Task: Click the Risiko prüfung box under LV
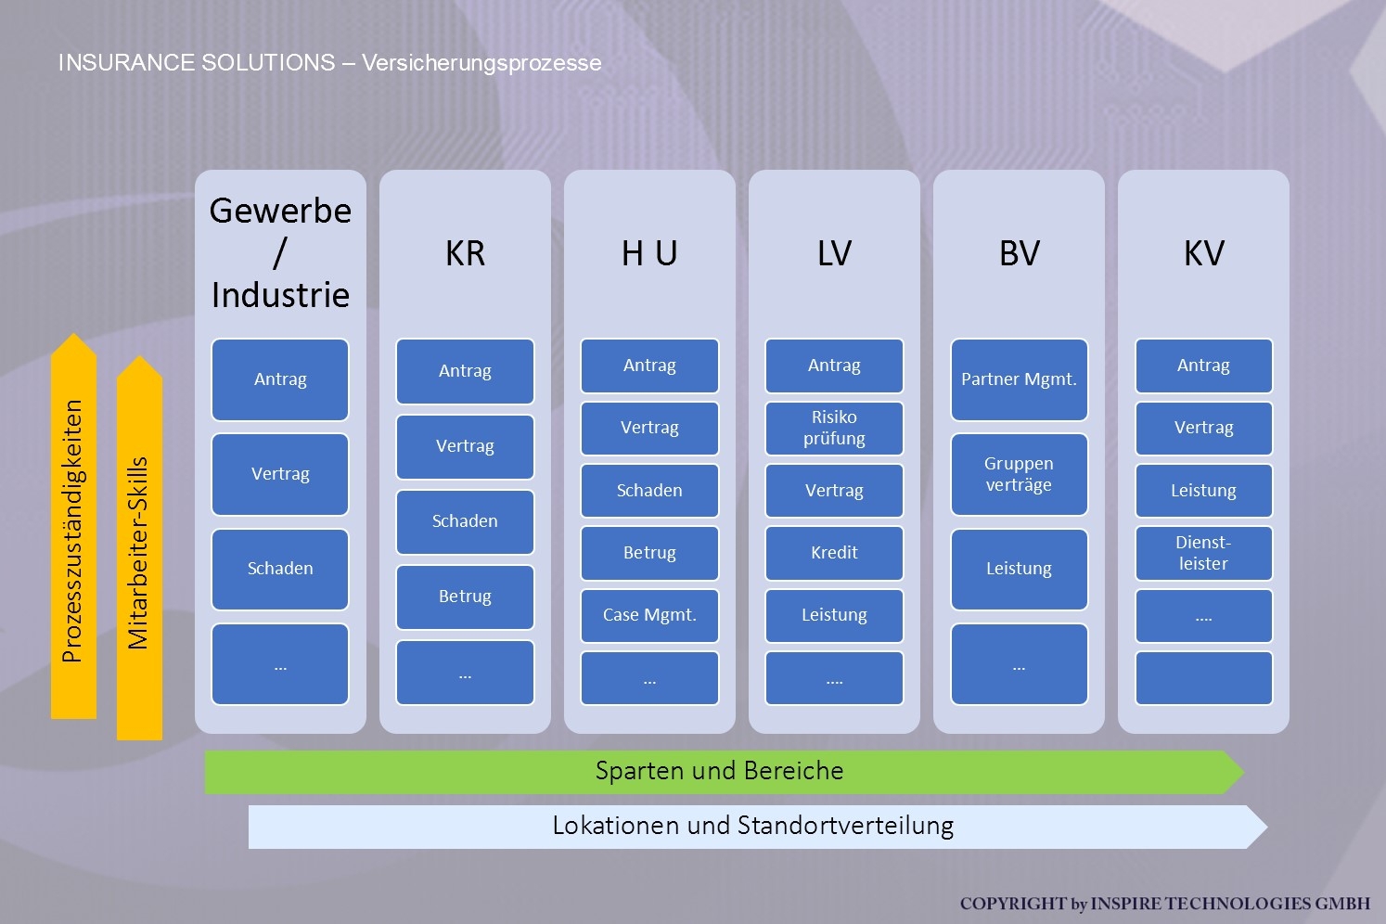point(834,428)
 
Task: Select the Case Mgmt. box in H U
point(649,615)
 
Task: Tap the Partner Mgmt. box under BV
point(1019,379)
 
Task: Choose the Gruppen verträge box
point(1019,474)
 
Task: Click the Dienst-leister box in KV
point(1203,553)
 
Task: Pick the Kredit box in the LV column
point(834,553)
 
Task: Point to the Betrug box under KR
point(465,597)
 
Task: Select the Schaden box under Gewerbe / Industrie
point(280,569)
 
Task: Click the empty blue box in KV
point(1203,678)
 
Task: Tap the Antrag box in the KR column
point(465,371)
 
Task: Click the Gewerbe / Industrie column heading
point(280,252)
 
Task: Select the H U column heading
point(649,253)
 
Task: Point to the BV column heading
point(1019,253)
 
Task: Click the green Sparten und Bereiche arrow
point(720,771)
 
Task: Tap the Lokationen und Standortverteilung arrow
point(753,826)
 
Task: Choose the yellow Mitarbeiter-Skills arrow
point(139,552)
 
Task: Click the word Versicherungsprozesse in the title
point(481,63)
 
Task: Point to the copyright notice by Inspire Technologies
point(1164,904)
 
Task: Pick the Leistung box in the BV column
point(1019,569)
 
